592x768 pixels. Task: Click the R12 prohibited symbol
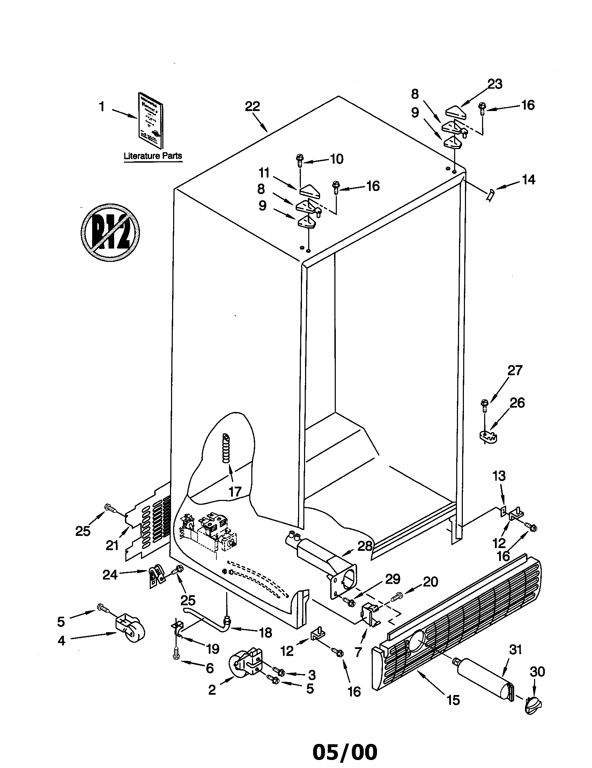pos(110,232)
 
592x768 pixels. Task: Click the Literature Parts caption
pos(153,156)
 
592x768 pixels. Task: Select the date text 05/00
pos(345,750)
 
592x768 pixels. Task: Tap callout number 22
pos(252,106)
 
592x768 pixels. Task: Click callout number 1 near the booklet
pos(102,106)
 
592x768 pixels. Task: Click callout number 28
pos(365,546)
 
